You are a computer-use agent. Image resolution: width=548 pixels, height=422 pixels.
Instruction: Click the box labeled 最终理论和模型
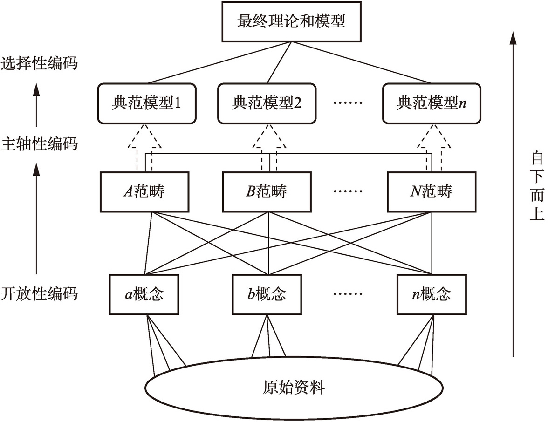292,22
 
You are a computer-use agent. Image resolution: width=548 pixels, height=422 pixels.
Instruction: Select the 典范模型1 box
146,103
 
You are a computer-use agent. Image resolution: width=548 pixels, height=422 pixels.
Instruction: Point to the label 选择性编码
39,63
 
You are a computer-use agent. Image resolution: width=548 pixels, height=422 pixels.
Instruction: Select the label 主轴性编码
39,143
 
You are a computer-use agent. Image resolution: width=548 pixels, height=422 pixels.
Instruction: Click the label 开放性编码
39,294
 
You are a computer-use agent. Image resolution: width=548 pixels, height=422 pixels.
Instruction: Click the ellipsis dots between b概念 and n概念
348,294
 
